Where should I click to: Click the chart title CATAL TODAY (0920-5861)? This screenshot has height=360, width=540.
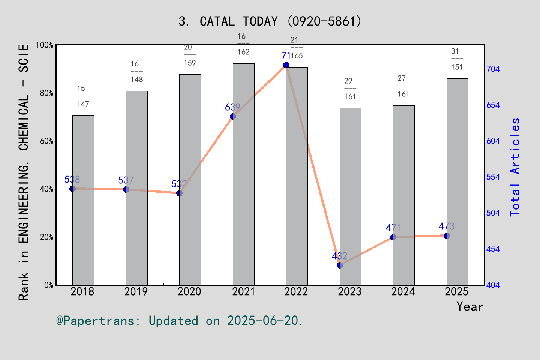(270, 21)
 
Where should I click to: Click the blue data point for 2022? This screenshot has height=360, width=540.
(286, 65)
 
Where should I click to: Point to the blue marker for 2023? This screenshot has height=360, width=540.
(340, 265)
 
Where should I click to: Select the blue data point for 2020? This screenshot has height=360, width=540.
(179, 193)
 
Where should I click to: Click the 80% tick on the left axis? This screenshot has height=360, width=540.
(47, 93)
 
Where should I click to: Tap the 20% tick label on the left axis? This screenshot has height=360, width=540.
(47, 237)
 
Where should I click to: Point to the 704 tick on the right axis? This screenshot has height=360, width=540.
(493, 69)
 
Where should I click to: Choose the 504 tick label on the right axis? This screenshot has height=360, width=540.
(493, 213)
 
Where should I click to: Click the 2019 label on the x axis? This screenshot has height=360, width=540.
(136, 291)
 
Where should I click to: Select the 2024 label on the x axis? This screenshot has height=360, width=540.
(403, 291)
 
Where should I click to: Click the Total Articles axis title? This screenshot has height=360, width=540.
(515, 167)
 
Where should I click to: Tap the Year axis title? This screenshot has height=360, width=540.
(470, 306)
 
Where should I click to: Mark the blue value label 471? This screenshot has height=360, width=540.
(393, 228)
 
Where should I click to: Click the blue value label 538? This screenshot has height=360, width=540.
(72, 180)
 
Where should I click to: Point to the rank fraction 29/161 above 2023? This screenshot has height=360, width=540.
(350, 89)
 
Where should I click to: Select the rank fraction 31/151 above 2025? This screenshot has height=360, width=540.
(457, 59)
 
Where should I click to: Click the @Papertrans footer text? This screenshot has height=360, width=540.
(179, 321)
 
